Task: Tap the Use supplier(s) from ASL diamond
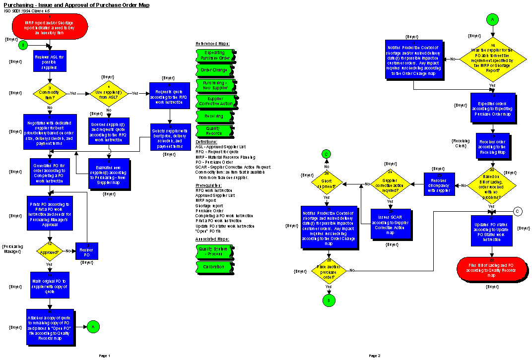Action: [109, 93]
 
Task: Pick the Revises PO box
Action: [86, 251]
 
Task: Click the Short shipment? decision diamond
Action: [326, 184]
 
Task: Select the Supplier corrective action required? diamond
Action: [390, 184]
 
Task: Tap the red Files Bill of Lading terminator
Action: [491, 268]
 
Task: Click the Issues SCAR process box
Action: [391, 224]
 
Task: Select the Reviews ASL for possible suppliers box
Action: [50, 61]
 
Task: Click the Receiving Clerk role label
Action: [461, 144]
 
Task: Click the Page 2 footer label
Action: [375, 356]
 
